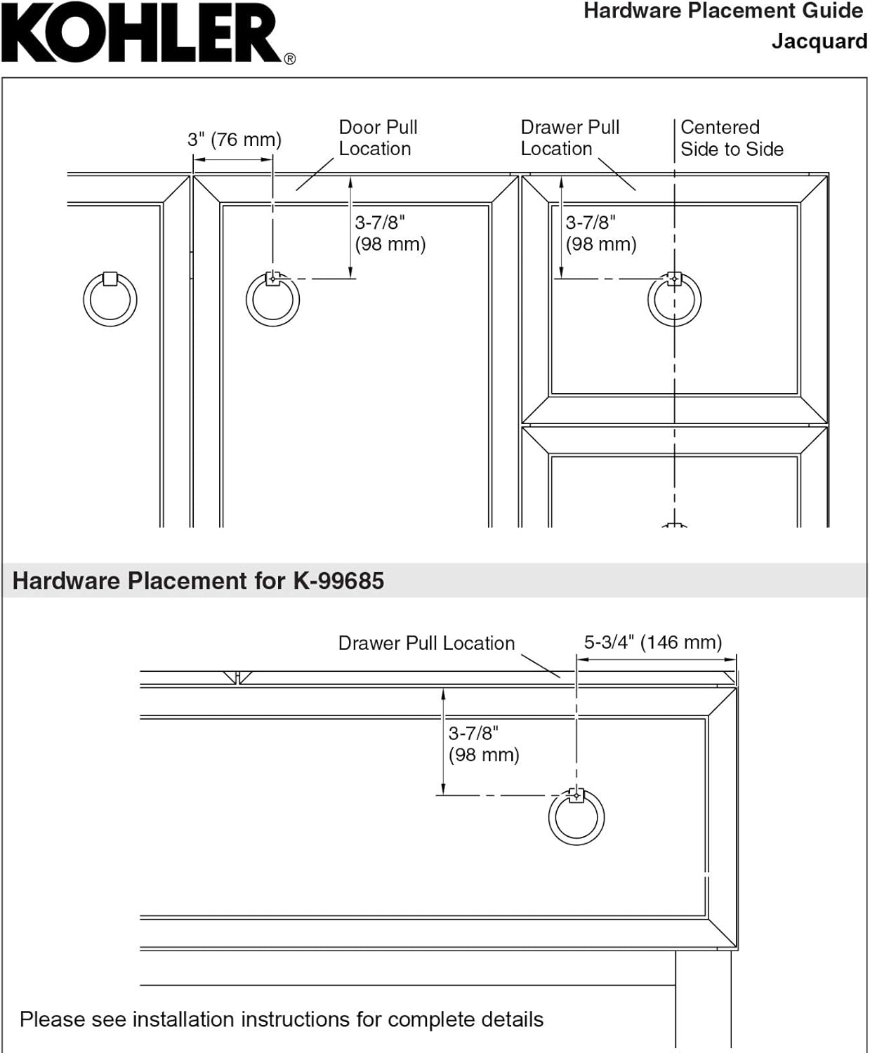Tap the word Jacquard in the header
pos(819,41)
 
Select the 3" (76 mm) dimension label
pos(234,139)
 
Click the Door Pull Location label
pos(377,138)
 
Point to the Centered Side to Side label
pos(731,138)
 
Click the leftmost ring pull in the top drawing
pos(110,299)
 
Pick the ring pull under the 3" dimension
pos(272,299)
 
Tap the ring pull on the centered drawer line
pos(674,299)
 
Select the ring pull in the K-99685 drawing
pos(576,818)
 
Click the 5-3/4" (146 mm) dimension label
pos(652,642)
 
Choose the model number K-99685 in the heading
pos(338,581)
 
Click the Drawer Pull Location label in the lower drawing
pos(426,643)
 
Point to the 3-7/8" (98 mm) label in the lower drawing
pos(483,743)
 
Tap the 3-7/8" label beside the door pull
pos(390,233)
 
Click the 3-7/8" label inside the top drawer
pos(600,233)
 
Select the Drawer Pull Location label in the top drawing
pos(569,138)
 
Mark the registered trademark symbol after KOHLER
pos(289,60)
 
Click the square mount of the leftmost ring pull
pos(110,279)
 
